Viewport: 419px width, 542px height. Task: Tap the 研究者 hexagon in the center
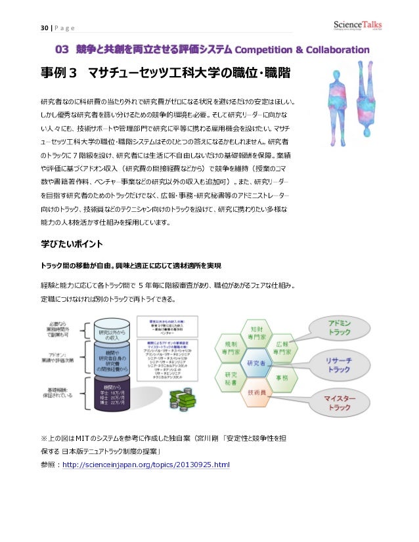point(255,362)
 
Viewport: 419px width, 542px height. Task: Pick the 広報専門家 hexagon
point(282,348)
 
